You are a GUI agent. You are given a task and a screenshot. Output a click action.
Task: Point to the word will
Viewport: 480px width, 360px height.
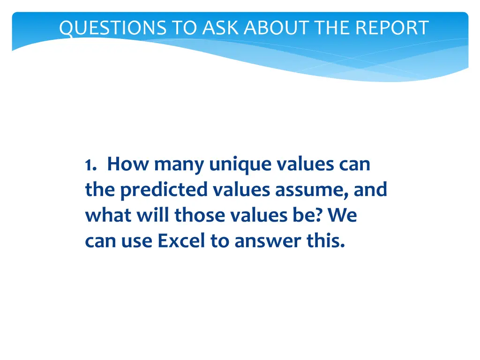(151, 215)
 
